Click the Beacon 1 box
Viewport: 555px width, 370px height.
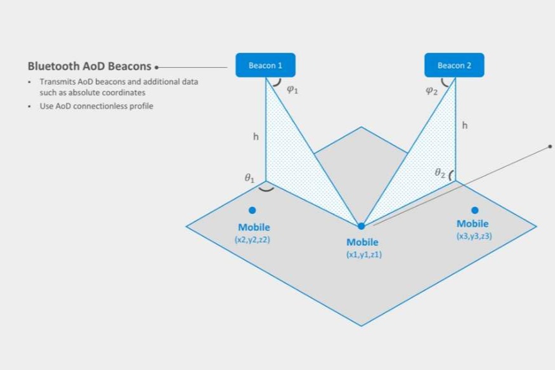click(266, 65)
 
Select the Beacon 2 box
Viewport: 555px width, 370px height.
click(454, 65)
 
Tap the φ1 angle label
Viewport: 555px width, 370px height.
click(292, 89)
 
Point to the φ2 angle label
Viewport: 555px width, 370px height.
click(431, 91)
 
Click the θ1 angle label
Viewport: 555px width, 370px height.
click(249, 178)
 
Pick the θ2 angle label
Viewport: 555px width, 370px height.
click(440, 173)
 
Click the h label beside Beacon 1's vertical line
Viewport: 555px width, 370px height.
click(256, 136)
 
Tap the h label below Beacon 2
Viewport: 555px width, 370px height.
click(465, 125)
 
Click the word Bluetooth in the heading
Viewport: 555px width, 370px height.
click(53, 66)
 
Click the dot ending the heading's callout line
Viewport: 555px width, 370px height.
click(157, 67)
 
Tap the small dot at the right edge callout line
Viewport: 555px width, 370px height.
click(550, 146)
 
